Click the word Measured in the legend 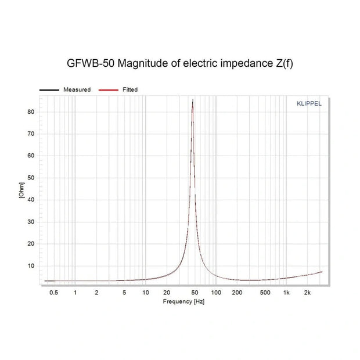(77, 89)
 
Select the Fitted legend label (129, 89)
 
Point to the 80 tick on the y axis (31, 111)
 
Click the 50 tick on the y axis (31, 178)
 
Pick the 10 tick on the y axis (31, 266)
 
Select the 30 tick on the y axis (31, 222)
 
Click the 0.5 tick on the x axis (54, 293)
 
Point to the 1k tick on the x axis (286, 293)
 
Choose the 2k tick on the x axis (308, 293)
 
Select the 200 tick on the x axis (237, 293)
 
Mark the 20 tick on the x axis (167, 293)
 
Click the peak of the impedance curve (193, 100)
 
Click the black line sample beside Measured (49, 90)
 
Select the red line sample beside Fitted (108, 90)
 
